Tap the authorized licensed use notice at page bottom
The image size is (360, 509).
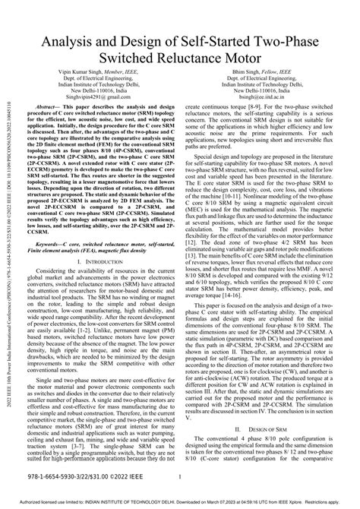(x=180, y=504)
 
